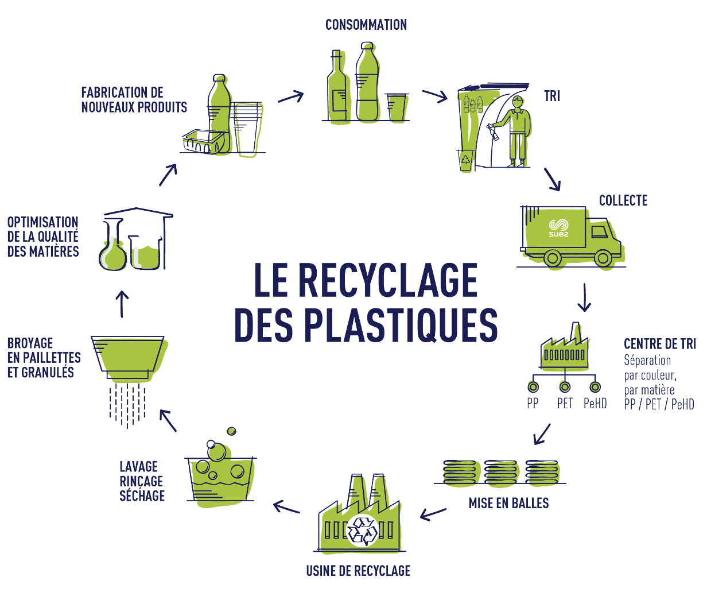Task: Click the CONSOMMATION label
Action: point(366,25)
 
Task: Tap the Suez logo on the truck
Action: point(558,228)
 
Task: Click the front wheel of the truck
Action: point(603,258)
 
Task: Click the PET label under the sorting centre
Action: point(565,404)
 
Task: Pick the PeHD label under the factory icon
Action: point(595,404)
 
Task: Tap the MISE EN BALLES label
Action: point(508,504)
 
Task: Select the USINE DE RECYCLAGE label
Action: point(358,571)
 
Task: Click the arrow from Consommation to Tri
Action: point(434,95)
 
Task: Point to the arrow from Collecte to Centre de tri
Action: point(584,297)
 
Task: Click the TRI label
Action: point(552,96)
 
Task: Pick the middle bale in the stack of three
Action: point(501,472)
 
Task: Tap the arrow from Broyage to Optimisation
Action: point(122,303)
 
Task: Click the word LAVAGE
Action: point(138,467)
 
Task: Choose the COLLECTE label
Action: point(623,201)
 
